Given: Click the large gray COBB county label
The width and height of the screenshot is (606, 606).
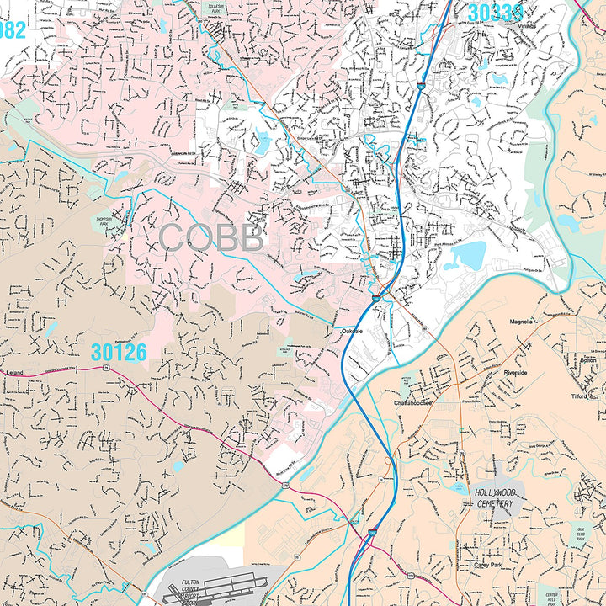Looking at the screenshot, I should click(210, 238).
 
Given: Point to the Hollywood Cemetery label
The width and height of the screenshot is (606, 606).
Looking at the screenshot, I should click(495, 497).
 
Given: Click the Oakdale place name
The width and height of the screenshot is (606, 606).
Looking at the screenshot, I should click(352, 332).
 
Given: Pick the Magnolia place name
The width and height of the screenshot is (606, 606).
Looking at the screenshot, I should click(522, 321).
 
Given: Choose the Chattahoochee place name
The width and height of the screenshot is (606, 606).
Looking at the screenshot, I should click(412, 402).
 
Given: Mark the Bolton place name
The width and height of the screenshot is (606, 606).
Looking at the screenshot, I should click(587, 360).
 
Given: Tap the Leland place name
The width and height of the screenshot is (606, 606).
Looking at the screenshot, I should click(15, 371).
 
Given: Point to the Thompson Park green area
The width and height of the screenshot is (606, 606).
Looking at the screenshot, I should click(104, 220).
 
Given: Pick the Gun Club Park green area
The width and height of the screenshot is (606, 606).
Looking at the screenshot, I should click(576, 536).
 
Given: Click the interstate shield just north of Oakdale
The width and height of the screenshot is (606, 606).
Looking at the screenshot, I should click(375, 298).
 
